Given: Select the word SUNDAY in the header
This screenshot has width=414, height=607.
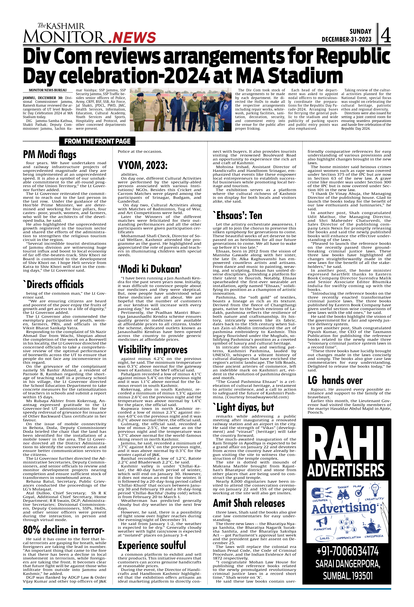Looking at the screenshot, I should coord(360,32).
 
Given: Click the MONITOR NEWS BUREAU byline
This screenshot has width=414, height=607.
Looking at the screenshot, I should coord(48,90).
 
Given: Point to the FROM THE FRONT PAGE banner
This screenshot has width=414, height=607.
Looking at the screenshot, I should coord(97,141).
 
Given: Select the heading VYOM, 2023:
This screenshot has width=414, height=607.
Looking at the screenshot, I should coord(143,165).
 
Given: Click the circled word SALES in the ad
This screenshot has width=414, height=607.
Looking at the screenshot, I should coord(324,538).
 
